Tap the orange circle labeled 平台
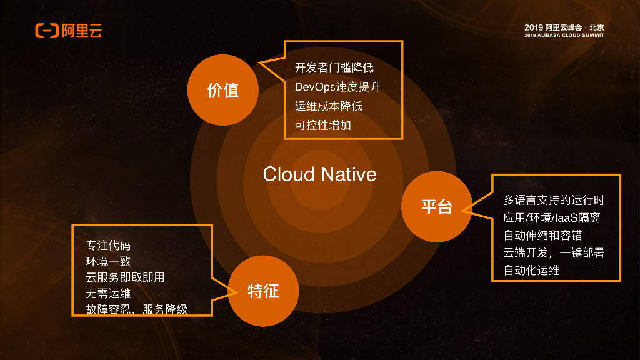(x=437, y=206)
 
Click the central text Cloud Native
(x=319, y=174)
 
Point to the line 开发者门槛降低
(x=334, y=67)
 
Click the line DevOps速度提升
(x=337, y=87)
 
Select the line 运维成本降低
(x=328, y=106)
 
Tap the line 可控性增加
(x=323, y=125)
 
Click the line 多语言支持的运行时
(x=554, y=201)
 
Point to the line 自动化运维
(x=531, y=271)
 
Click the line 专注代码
(x=108, y=244)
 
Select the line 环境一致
(x=108, y=261)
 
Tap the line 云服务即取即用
(x=125, y=277)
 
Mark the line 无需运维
(x=108, y=292)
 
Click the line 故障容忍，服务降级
(x=136, y=309)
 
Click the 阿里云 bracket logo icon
(x=47, y=31)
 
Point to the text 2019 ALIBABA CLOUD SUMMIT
(x=564, y=36)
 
